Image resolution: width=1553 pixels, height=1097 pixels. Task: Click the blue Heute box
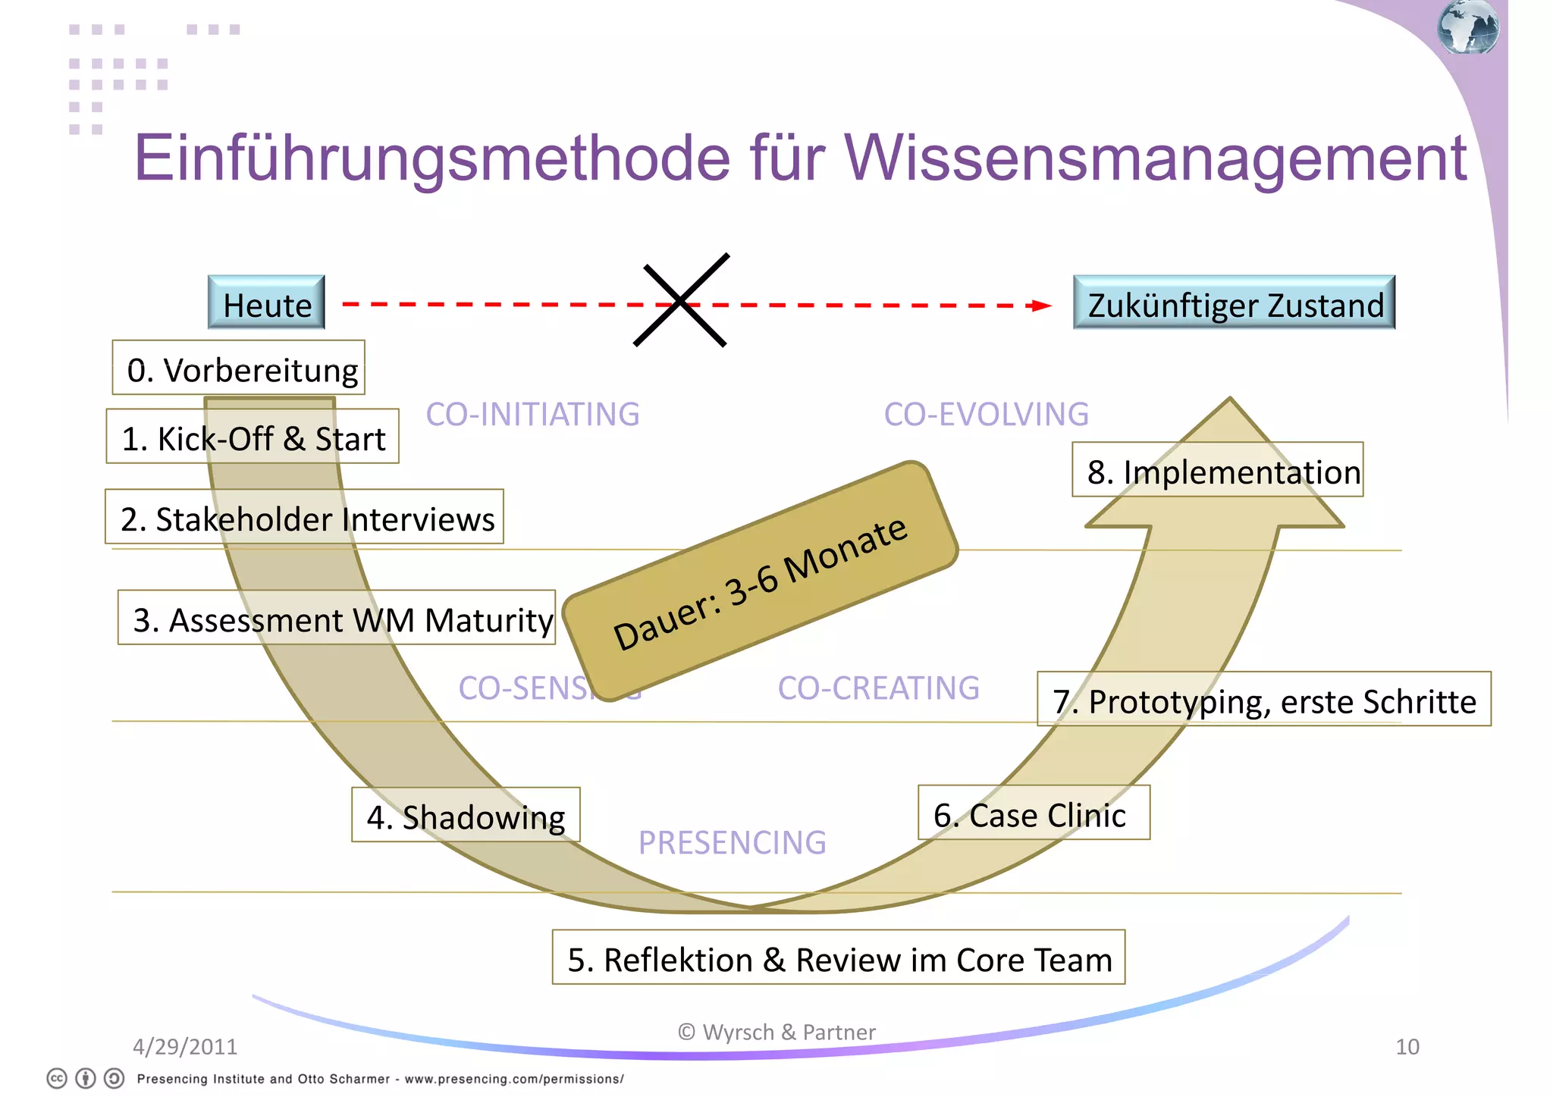tap(266, 302)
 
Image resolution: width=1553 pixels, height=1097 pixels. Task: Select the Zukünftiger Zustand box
tap(1234, 302)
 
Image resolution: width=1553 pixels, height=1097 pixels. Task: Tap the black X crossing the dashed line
tap(681, 301)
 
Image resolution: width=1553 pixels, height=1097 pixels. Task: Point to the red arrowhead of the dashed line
tap(1041, 306)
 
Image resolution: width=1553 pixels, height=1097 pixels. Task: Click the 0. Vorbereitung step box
tap(239, 368)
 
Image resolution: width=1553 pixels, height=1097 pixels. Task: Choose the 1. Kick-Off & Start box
tap(253, 437)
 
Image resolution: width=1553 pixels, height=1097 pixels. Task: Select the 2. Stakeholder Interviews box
tap(304, 517)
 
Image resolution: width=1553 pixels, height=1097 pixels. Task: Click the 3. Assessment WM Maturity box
tap(337, 618)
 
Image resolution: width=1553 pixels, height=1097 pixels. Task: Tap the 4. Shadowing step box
tap(466, 815)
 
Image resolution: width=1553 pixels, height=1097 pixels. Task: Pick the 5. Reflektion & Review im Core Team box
tap(839, 958)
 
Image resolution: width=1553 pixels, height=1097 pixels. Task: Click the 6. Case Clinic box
tap(1034, 813)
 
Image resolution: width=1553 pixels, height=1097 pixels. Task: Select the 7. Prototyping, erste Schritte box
tap(1264, 699)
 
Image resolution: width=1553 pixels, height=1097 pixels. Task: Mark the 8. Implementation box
tap(1218, 470)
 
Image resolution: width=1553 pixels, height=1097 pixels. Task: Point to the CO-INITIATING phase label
tap(532, 414)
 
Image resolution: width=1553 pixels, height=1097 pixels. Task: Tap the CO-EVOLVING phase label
tap(986, 414)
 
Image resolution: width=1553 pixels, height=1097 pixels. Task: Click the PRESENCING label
tap(732, 842)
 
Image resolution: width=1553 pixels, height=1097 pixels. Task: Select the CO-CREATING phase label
tap(878, 688)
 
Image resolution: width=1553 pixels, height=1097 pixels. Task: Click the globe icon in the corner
tap(1467, 27)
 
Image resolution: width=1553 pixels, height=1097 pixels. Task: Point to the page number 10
tap(1407, 1046)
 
